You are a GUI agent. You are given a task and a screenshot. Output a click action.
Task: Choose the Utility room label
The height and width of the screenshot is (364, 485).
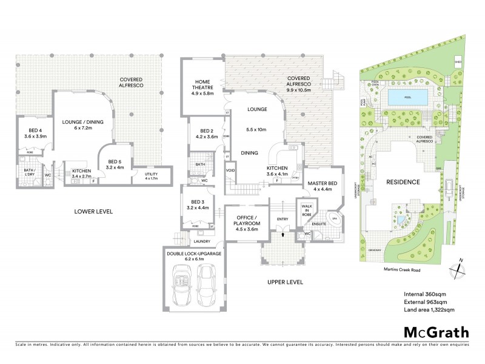150,175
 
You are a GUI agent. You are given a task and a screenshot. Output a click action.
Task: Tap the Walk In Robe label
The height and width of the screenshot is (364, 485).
306,210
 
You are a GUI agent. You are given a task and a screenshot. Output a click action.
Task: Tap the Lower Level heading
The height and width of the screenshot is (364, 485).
93,211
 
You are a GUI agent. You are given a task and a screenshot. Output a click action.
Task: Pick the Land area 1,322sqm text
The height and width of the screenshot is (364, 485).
429,309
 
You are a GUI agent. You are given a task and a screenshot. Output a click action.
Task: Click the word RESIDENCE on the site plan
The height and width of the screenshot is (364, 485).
401,181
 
